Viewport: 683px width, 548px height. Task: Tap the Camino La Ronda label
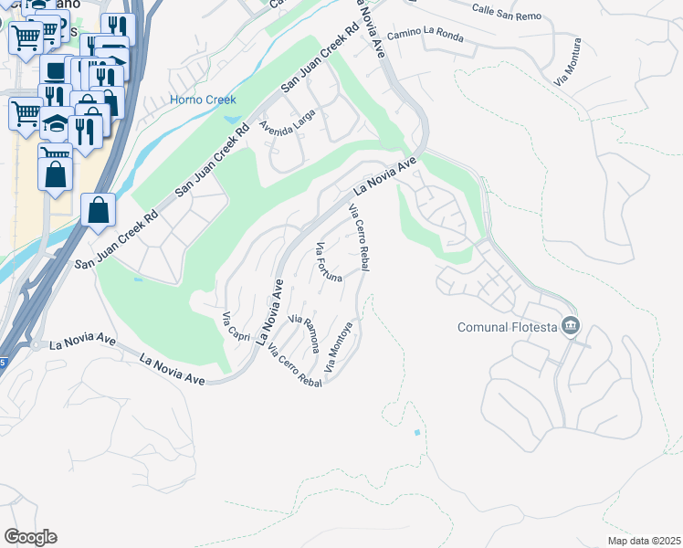425,37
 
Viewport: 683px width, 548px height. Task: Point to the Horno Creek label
203,100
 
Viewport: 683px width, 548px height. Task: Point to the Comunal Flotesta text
508,325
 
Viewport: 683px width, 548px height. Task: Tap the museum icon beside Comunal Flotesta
571,325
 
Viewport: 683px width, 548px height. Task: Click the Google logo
29,537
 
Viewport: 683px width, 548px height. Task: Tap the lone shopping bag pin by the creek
99,211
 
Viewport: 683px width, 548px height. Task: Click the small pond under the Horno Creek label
230,119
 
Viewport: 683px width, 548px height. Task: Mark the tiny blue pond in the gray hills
417,431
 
